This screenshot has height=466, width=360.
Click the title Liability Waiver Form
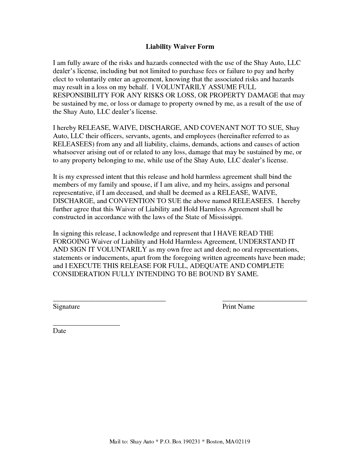click(x=180, y=47)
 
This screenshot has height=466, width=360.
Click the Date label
click(x=59, y=331)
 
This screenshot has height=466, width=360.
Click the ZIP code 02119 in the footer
click(x=243, y=442)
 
